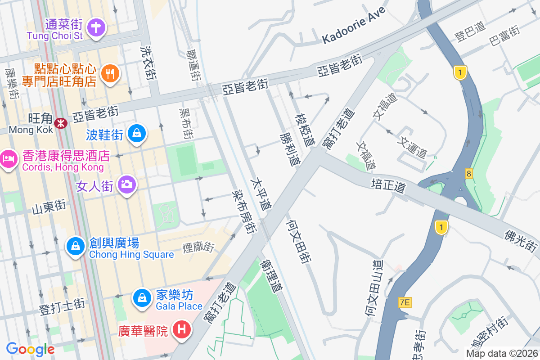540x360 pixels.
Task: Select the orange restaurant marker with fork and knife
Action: (x=110, y=73)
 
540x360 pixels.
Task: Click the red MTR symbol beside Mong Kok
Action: (x=60, y=122)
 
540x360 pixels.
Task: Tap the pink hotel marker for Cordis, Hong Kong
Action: (x=8, y=159)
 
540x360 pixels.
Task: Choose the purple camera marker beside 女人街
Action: (x=127, y=184)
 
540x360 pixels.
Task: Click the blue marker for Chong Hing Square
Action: (x=75, y=246)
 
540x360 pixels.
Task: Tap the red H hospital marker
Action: (x=182, y=330)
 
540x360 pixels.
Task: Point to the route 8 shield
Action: (x=469, y=173)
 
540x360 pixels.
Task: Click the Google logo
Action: (x=30, y=349)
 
